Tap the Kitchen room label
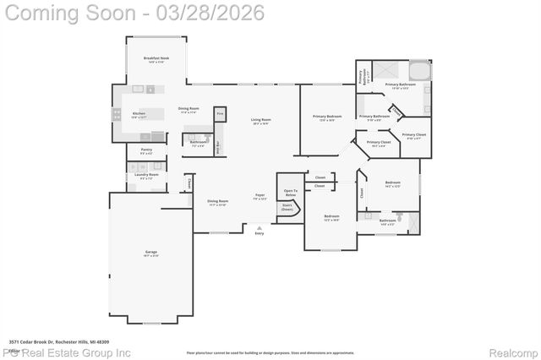click(139, 115)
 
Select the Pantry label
click(146, 151)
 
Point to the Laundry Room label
click(146, 177)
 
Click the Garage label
click(150, 253)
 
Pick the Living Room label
click(260, 121)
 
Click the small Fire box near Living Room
click(220, 112)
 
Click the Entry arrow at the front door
click(260, 230)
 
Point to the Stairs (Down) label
click(287, 207)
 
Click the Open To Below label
click(290, 193)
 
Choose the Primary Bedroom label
click(327, 117)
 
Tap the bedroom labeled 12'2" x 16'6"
click(331, 218)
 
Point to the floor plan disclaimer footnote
click(270, 352)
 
